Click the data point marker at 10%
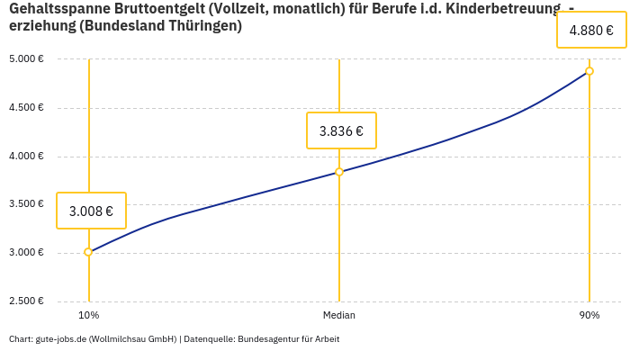tap(88, 252)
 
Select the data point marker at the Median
tap(339, 172)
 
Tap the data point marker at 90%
tap(589, 71)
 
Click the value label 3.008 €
tap(91, 211)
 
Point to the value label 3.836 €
tap(341, 131)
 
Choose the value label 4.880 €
tap(591, 31)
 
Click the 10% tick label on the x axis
tap(88, 315)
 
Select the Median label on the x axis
tap(339, 315)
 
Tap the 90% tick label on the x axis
tap(589, 315)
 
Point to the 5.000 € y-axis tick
tap(26, 59)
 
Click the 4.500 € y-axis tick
tap(26, 108)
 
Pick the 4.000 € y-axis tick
tap(26, 157)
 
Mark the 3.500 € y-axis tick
tap(26, 204)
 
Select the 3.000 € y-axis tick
tap(26, 253)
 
